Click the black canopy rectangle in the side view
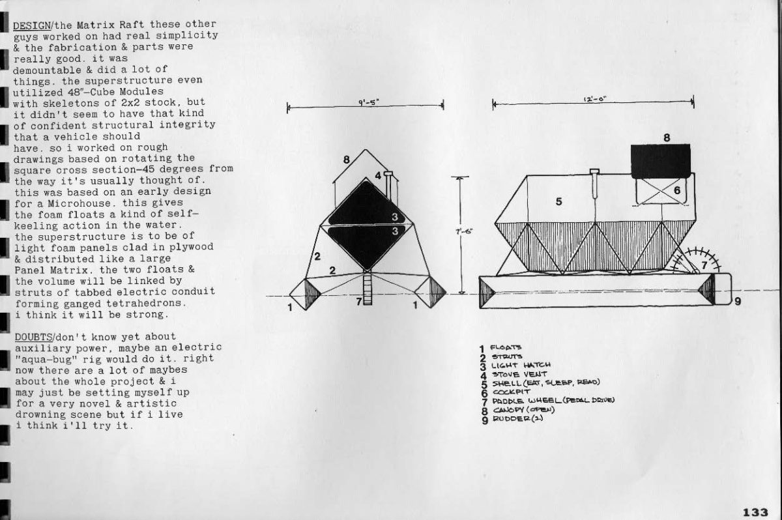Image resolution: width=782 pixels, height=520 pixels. (660, 160)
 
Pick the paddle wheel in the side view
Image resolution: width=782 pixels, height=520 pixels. (699, 265)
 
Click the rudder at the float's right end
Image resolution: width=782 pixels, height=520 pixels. (724, 290)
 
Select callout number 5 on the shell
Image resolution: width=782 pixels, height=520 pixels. (558, 201)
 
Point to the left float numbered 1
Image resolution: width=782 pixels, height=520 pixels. (305, 294)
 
